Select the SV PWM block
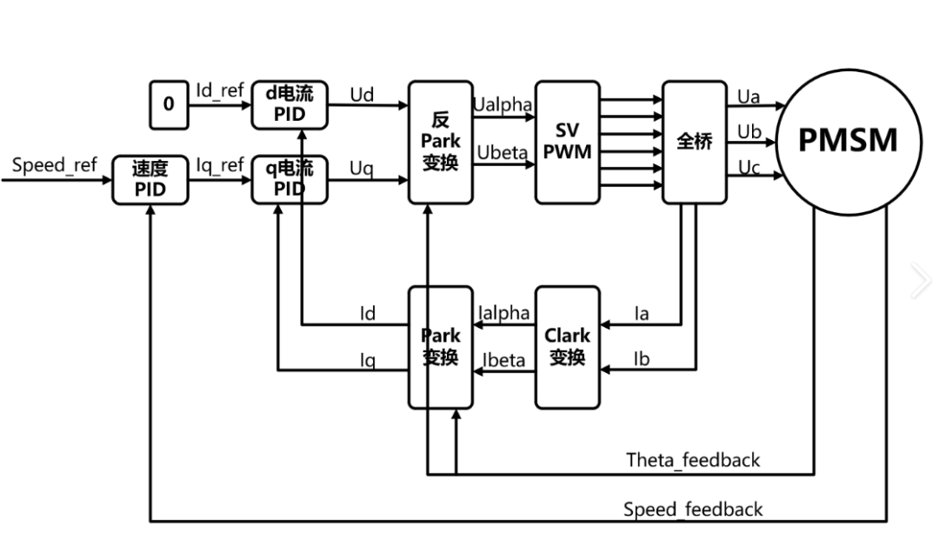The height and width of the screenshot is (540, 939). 568,142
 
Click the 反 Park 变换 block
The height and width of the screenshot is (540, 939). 441,142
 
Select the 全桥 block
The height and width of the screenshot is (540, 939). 694,142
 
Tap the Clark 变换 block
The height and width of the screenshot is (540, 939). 568,346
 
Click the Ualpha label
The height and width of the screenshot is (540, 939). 502,104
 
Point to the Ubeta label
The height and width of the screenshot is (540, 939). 503,153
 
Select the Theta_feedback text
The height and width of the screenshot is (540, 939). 693,460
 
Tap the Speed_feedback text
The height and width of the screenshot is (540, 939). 693,510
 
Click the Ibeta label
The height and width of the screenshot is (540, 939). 504,360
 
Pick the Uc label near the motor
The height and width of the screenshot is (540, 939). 749,168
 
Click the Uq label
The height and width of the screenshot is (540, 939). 362,169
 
